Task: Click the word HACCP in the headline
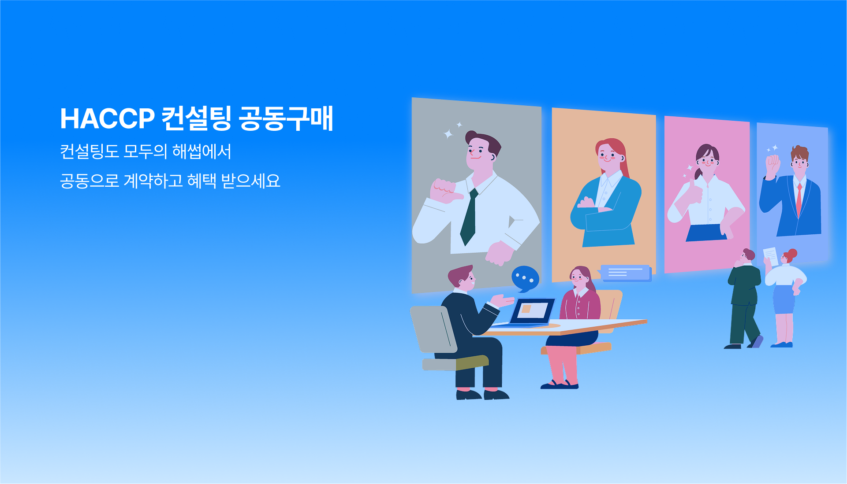click(x=107, y=118)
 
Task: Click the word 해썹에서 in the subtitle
click(x=201, y=151)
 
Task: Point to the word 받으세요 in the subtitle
click(x=250, y=181)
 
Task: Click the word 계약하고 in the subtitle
click(x=153, y=181)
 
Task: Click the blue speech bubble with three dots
click(x=525, y=278)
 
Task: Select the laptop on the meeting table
click(x=527, y=313)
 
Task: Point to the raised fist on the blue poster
click(x=773, y=165)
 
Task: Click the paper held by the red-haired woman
click(x=770, y=256)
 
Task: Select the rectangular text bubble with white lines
click(x=625, y=273)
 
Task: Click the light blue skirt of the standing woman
click(x=784, y=299)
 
